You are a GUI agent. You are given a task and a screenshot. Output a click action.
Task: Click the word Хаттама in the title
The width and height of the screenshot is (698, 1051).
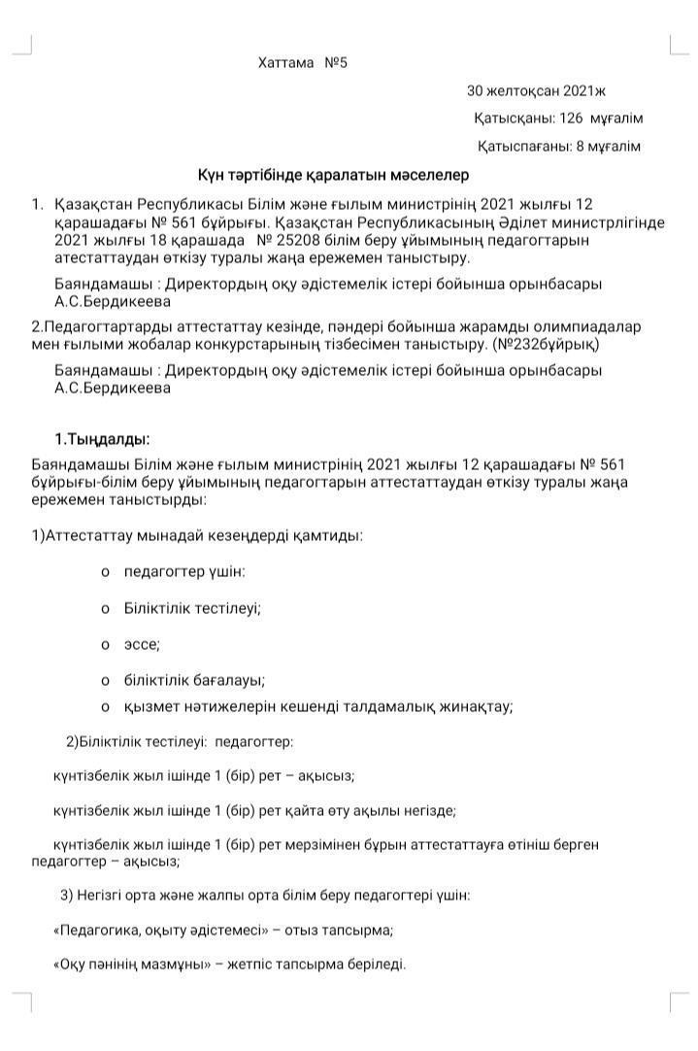286,63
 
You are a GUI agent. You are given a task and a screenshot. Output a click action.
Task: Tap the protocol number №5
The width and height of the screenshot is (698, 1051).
336,63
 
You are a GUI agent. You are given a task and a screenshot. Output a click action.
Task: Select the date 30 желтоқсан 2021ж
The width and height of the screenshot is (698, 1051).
536,91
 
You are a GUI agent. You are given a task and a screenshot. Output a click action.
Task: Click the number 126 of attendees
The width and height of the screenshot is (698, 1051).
570,119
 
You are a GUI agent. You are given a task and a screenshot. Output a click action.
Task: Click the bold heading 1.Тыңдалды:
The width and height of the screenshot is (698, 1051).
102,438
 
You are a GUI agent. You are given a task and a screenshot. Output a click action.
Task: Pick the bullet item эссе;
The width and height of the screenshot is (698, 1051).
142,644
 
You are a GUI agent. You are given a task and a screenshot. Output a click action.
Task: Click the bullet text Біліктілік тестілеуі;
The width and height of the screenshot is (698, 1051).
192,608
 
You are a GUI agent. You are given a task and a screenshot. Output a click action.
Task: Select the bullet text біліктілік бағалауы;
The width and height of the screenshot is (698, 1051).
194,680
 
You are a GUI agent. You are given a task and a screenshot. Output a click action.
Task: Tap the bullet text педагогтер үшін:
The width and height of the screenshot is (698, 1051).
184,571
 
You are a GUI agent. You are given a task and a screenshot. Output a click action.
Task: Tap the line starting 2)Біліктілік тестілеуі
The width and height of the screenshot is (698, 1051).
180,741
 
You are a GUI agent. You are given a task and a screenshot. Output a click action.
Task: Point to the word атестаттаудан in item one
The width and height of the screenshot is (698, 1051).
103,257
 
